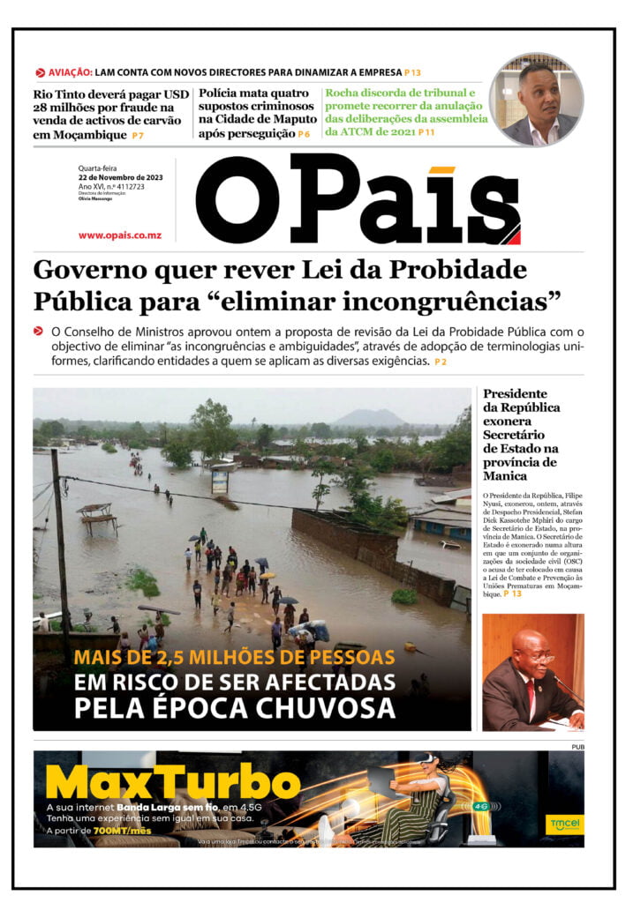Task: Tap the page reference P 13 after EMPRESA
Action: [x=412, y=72]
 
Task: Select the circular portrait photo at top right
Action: [x=537, y=100]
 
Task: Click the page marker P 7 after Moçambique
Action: [x=138, y=135]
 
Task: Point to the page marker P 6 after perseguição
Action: [x=304, y=134]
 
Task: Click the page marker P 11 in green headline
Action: [x=427, y=132]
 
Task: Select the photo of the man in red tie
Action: [x=532, y=671]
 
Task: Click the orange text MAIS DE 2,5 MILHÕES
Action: [x=234, y=657]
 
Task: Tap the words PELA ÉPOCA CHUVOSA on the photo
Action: [x=234, y=708]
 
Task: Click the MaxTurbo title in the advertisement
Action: [x=173, y=782]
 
